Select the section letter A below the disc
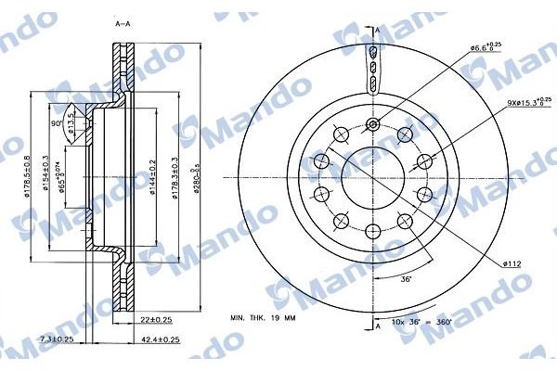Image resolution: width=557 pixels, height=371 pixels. [379, 326]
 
